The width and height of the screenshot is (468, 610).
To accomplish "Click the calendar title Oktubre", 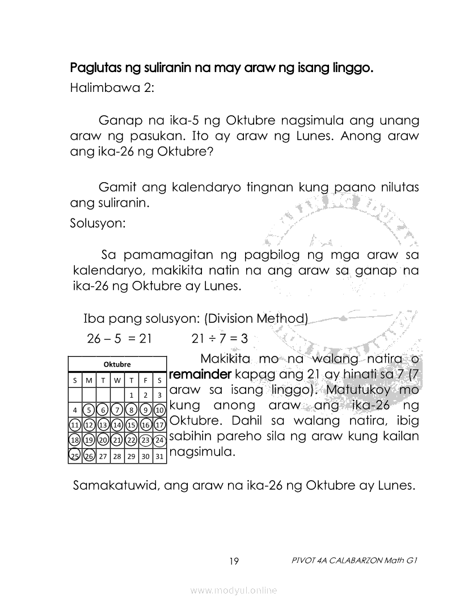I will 117,364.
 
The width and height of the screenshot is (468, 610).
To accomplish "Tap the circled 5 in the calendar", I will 88,410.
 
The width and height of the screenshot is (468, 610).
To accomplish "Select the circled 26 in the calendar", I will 88,456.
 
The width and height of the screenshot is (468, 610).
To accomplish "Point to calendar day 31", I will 160,456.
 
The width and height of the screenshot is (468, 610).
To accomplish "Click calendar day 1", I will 131,395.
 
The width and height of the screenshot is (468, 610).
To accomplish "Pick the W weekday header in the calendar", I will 117,380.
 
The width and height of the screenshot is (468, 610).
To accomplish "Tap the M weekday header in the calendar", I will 88,380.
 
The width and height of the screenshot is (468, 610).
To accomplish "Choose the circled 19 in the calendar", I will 88,440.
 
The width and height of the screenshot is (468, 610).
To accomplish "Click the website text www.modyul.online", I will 234,591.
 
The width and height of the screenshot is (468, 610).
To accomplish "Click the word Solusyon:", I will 97,222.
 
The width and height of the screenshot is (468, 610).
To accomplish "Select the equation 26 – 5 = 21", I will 120,339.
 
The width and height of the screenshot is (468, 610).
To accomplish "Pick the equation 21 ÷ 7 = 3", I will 220,339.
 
